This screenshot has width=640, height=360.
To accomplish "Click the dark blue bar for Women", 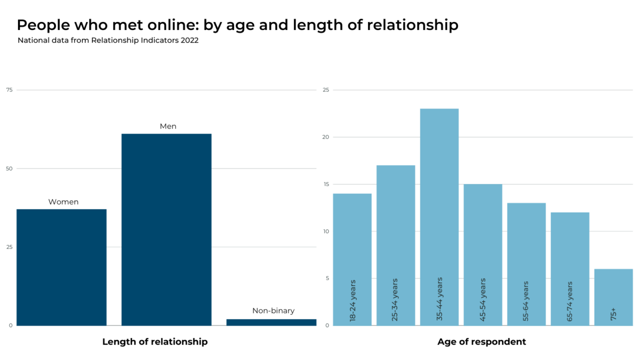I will [61, 267].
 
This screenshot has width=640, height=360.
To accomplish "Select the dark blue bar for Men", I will [166, 229].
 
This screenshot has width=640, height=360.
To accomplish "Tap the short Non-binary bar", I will [271, 322].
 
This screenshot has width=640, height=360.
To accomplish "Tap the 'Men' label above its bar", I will [168, 126].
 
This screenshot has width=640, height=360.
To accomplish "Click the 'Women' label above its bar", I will [63, 202].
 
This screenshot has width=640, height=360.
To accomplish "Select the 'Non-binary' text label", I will [273, 311].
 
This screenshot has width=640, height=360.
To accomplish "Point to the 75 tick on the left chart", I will [9, 90].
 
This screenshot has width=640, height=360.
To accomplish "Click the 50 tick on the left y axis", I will [9, 168].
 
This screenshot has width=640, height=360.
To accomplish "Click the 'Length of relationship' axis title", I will [155, 342].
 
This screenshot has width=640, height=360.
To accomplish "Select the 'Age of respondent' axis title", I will [481, 342].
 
